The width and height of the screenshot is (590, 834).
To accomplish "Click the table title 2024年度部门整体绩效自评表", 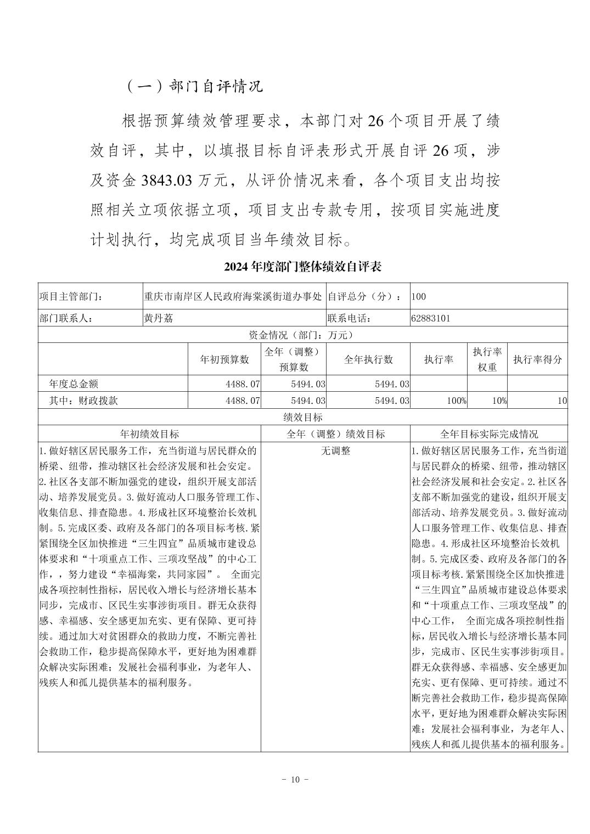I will [302, 267].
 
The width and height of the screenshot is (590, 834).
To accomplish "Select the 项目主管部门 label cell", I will [71, 297].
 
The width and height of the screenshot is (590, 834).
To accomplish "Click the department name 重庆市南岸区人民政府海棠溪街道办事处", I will [233, 297].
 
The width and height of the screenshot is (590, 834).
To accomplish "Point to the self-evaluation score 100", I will [418, 297].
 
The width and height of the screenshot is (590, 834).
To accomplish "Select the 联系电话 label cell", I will [350, 318].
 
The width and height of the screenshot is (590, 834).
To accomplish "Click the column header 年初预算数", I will [224, 359].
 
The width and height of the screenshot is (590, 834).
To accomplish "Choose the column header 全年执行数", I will [368, 359].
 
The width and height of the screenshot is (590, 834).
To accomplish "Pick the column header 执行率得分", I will [537, 359].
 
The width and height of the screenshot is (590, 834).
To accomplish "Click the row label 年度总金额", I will [74, 384].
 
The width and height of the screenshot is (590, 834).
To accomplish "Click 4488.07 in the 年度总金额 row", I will [243, 384].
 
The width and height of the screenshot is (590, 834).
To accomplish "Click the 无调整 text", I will [335, 451].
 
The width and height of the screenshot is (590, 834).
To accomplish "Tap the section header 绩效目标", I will [302, 417].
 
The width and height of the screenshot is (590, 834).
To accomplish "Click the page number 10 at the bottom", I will [295, 780].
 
